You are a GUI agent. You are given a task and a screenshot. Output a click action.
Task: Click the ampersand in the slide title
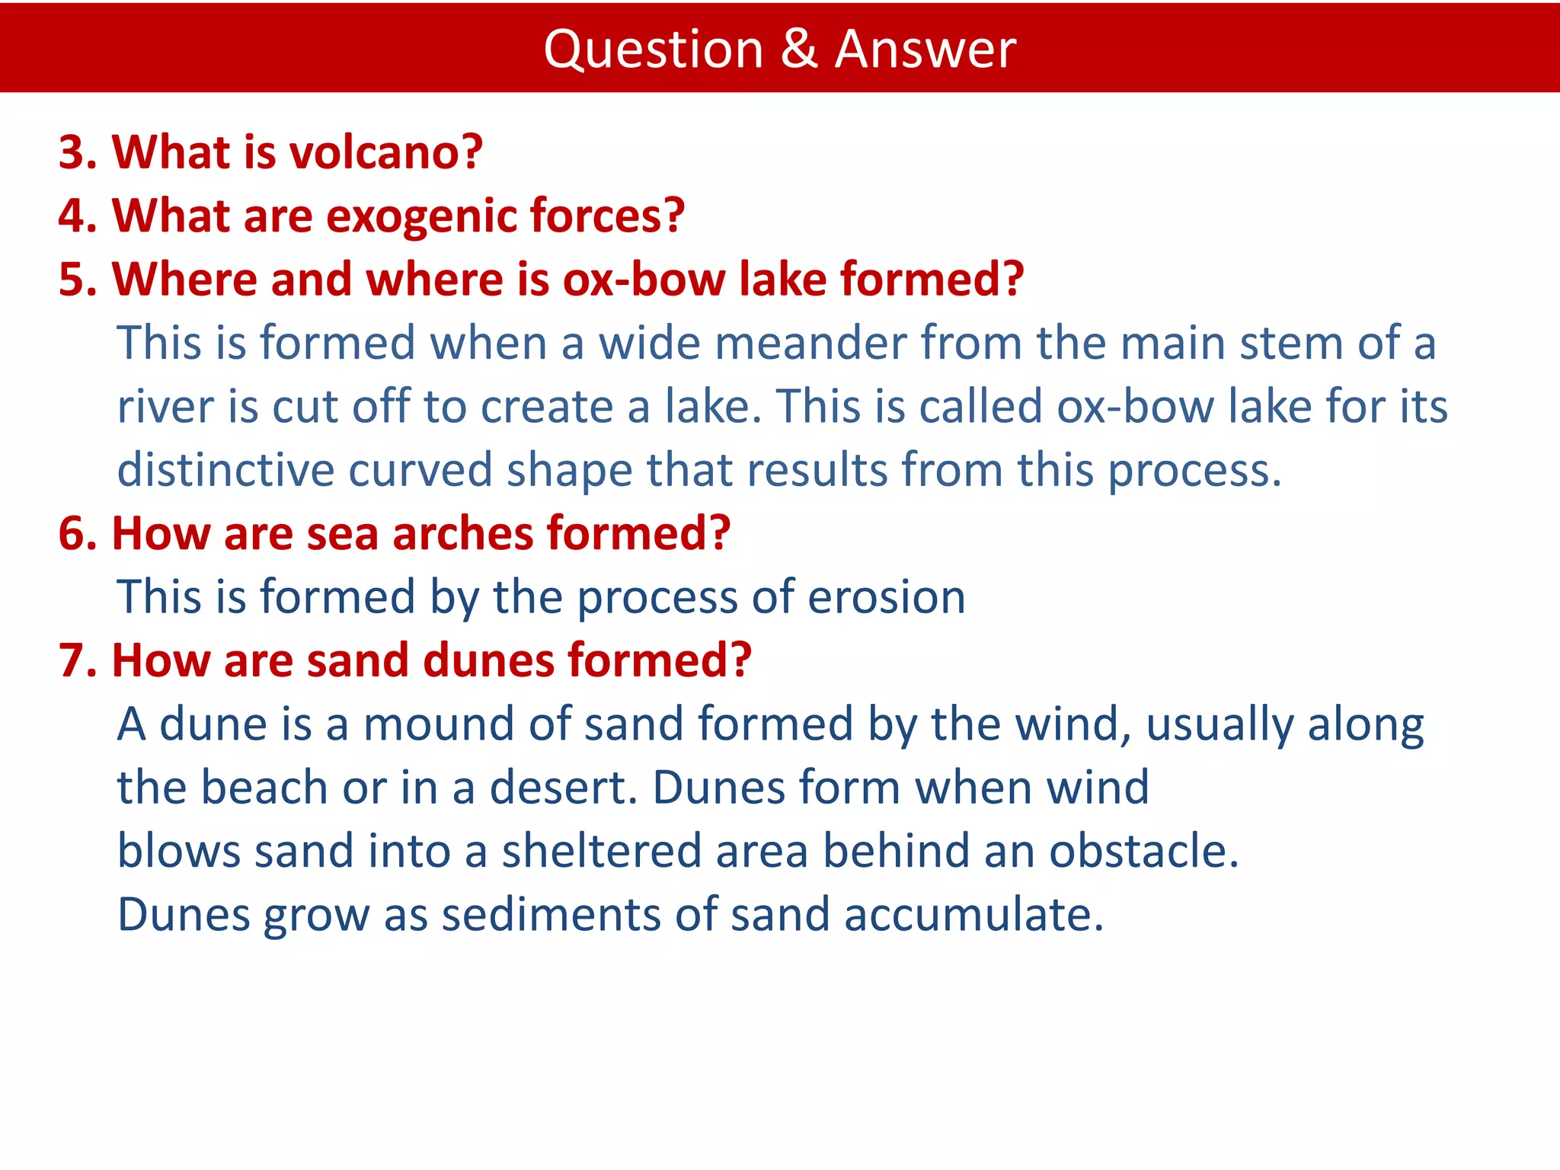(x=798, y=49)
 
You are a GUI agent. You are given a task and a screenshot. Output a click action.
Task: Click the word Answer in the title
(x=925, y=49)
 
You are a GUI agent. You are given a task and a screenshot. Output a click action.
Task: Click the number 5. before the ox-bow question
(x=78, y=279)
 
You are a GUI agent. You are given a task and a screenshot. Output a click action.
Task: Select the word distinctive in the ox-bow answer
(x=225, y=469)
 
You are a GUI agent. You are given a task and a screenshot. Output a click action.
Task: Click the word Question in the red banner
(x=654, y=49)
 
